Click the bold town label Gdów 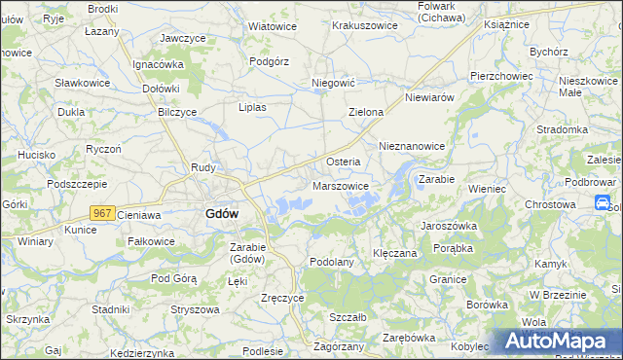tap(223, 214)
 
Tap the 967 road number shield tap(103, 212)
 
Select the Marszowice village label tap(340, 185)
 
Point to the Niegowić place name tap(331, 84)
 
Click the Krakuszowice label tap(364, 25)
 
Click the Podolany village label tap(330, 263)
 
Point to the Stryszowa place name tap(192, 309)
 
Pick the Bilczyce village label tap(177, 113)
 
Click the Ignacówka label tap(159, 64)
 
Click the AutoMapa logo tap(558, 341)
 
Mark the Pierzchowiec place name tap(500, 75)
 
